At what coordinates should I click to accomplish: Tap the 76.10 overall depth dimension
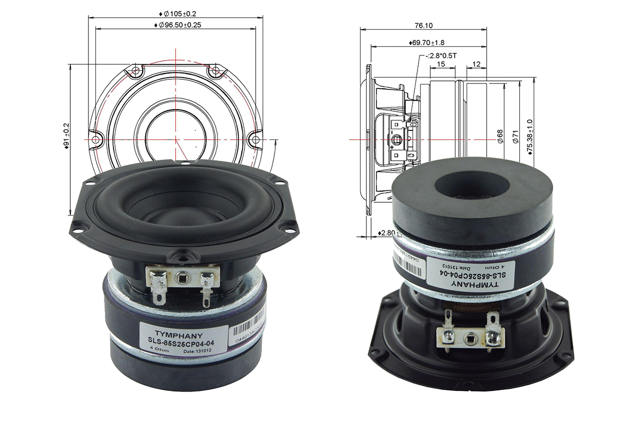(x=423, y=25)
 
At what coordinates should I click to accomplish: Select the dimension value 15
(x=441, y=64)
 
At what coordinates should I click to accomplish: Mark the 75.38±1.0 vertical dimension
(x=529, y=137)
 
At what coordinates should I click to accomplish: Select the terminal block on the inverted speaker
(x=470, y=333)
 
